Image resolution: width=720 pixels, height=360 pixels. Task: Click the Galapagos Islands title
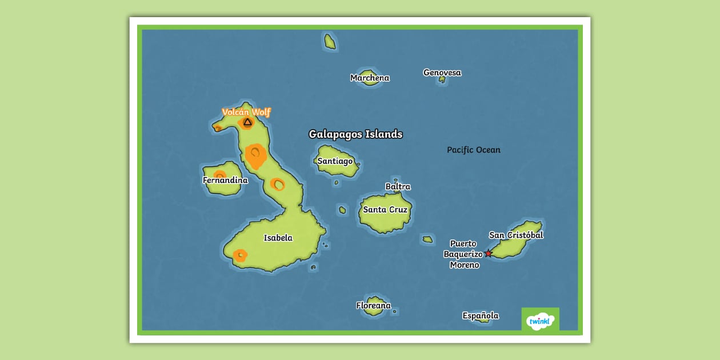pos(355,134)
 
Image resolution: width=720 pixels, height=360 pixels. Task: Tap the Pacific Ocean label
pos(473,150)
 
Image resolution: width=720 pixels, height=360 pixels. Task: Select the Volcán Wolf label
pos(246,112)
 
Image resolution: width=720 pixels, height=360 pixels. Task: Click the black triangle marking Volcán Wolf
pos(247,122)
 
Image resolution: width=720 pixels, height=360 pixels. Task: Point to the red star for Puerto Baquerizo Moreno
pos(488,254)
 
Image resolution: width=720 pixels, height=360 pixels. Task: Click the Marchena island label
pos(370,78)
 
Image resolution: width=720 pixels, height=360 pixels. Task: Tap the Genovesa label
pos(442,73)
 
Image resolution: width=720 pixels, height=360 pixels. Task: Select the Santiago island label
pos(335,161)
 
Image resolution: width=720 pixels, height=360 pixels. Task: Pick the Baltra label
pos(398,186)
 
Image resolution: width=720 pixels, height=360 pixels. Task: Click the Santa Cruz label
pos(385,210)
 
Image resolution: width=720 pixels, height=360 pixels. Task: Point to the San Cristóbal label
pos(516,235)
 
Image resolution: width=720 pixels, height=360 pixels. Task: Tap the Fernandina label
pos(225,181)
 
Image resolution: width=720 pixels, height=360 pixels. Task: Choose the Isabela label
pos(278,238)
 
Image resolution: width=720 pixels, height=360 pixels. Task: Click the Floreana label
pos(373,306)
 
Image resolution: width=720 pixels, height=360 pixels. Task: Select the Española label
pos(481,315)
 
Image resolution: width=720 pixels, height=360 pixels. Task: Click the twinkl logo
pos(540,320)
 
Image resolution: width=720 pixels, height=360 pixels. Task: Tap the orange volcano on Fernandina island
pos(219,175)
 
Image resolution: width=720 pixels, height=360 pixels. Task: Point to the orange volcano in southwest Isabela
pos(240,255)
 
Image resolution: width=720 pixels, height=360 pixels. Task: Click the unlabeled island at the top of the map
pos(330,41)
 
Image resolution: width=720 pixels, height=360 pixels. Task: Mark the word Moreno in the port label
pos(464,265)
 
